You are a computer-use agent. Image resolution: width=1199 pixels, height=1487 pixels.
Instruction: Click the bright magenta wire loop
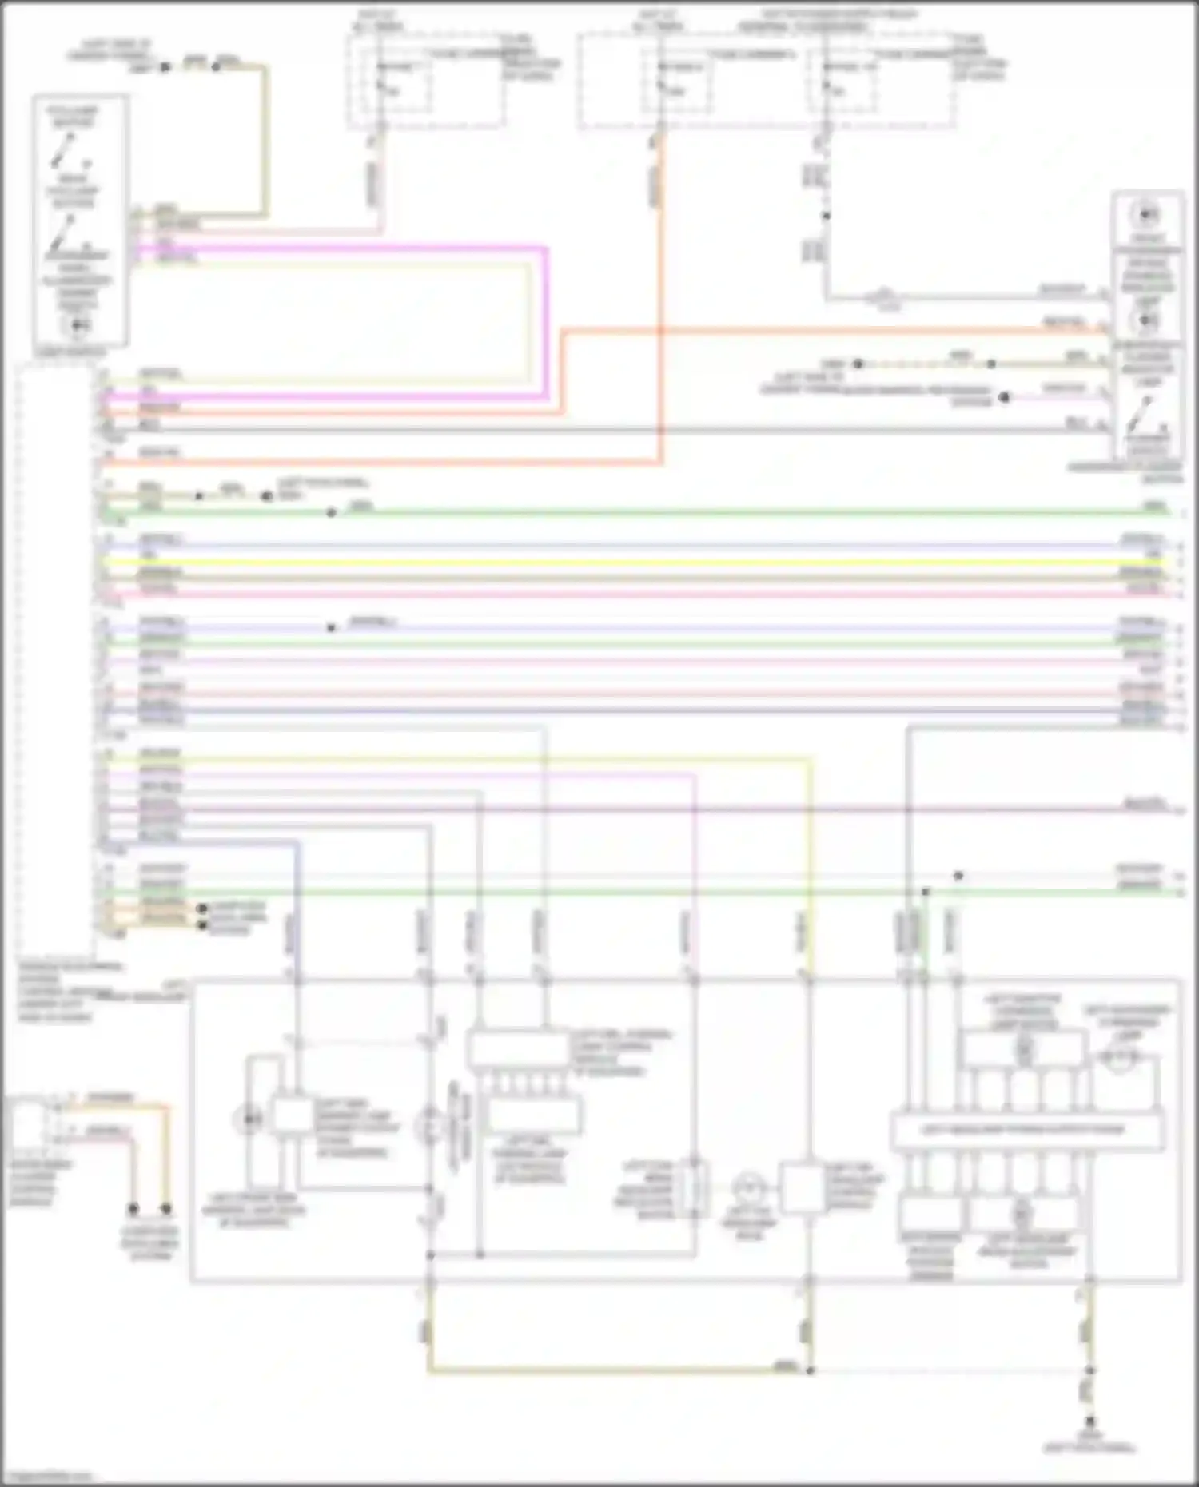coord(546,320)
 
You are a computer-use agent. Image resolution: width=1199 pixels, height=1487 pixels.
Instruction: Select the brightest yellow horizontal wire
coord(639,562)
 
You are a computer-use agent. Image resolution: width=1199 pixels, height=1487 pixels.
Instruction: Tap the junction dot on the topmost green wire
coord(331,512)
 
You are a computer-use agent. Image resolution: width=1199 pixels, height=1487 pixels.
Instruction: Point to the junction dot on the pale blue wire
coord(331,628)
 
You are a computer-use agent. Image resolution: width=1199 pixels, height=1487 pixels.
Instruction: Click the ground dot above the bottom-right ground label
coord(1089,1421)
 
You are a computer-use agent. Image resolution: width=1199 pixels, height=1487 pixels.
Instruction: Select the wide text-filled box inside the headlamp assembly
coord(1026,1131)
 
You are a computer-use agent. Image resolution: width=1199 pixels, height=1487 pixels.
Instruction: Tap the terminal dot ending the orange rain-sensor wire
coord(166,1209)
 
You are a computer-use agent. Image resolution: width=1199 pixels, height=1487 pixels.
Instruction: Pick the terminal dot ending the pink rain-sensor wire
coord(133,1209)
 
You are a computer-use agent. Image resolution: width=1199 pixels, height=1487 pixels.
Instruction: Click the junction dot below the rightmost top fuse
coord(827,216)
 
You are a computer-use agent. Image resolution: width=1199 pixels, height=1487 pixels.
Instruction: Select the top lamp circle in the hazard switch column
coord(1148,214)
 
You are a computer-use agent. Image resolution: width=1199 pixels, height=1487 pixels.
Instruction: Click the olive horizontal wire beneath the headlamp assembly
coord(615,1371)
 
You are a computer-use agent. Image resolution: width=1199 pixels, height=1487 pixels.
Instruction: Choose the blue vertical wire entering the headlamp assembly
coord(297,911)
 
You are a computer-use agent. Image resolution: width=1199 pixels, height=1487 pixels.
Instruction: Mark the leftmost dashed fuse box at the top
coord(425,80)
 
